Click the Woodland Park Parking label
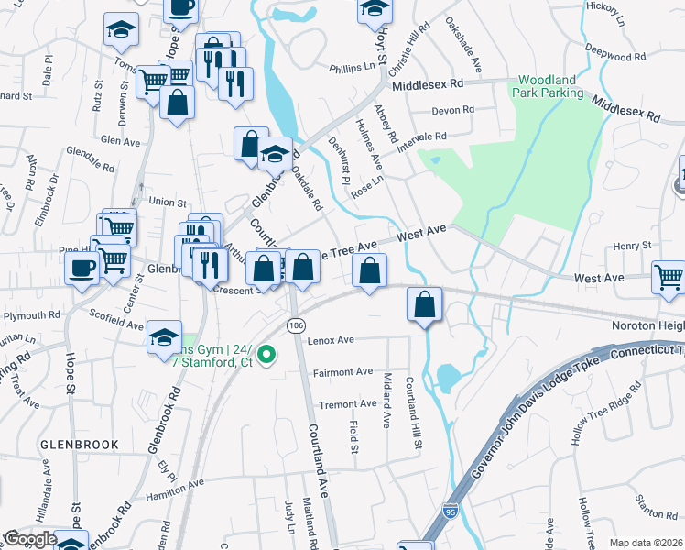pyautogui.click(x=549, y=86)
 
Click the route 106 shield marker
pyautogui.click(x=295, y=325)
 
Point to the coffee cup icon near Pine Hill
pyautogui.click(x=82, y=268)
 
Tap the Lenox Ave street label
pyautogui.click(x=332, y=340)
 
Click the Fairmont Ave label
pyautogui.click(x=342, y=371)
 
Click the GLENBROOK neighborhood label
pyautogui.click(x=80, y=444)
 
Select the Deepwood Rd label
pyautogui.click(x=614, y=57)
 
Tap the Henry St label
pyautogui.click(x=632, y=246)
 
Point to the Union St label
pyautogui.click(x=168, y=203)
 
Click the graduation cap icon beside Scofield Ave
pyautogui.click(x=165, y=337)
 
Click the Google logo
pyautogui.click(x=30, y=540)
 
